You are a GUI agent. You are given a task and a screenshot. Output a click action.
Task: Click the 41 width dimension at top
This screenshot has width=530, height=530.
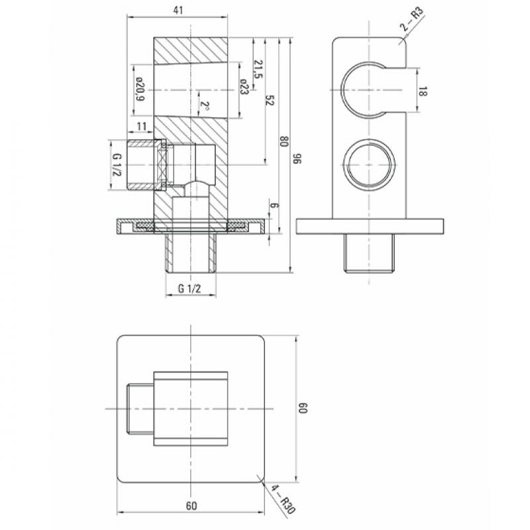[x=178, y=11]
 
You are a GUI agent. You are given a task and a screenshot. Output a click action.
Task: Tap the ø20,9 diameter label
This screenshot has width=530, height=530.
[x=140, y=89]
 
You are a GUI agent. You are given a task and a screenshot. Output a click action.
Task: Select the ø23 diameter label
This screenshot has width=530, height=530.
[x=244, y=87]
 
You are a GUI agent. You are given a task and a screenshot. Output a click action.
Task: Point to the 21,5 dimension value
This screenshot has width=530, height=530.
[x=258, y=69]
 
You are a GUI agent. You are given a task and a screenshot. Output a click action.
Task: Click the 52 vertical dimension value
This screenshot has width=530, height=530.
[x=270, y=101]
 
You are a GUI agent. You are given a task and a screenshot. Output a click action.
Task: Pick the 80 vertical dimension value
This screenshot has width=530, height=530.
[x=284, y=141]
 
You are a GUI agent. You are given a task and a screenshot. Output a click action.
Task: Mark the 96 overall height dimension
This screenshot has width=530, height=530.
[x=297, y=158]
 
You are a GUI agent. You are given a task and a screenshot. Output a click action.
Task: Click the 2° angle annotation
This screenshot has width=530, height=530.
[x=205, y=107]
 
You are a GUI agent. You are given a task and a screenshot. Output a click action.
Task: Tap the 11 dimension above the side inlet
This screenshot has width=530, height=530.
[x=142, y=126]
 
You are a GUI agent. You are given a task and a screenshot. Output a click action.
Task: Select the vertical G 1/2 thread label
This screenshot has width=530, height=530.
[x=117, y=164]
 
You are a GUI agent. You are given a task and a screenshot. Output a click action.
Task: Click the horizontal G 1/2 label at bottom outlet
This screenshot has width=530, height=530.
[x=189, y=288]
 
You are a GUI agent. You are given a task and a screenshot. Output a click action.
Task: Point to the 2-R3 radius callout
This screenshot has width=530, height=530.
[x=412, y=19]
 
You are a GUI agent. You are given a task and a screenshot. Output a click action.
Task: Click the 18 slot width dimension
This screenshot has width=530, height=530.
[x=423, y=91]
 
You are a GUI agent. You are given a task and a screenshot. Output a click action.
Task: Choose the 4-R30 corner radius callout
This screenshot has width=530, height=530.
[x=284, y=501]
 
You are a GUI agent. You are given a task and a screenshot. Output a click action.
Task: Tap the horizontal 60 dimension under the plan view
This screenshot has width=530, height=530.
[x=191, y=505]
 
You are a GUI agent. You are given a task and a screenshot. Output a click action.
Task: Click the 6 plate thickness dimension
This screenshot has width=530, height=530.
[x=274, y=205]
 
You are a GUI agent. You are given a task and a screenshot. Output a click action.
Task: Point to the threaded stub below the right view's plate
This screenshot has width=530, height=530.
[x=369, y=253]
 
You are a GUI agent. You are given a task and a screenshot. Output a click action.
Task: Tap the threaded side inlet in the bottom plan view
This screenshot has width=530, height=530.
[x=140, y=409]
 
